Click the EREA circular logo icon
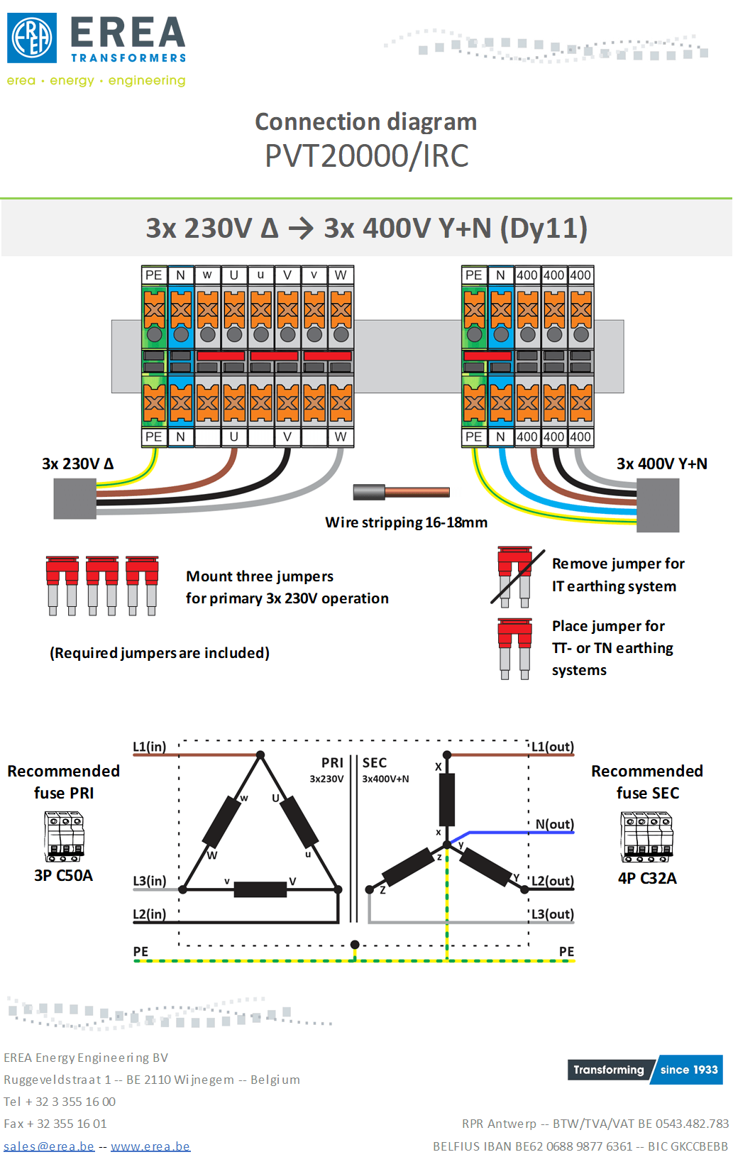tap(32, 38)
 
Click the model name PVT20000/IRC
tap(366, 155)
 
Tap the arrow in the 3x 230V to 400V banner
tap(301, 229)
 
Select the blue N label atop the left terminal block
tap(181, 275)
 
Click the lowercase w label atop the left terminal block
tap(207, 275)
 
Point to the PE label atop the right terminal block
tap(473, 275)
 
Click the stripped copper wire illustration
tap(401, 492)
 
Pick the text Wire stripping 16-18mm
tap(407, 522)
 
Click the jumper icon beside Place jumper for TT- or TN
tap(514, 649)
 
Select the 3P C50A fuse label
tap(63, 875)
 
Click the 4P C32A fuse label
tap(647, 878)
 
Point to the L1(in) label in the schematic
tap(150, 746)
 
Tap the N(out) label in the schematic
tap(555, 824)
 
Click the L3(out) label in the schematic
tap(553, 914)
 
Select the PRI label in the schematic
tap(332, 763)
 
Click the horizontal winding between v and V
tap(260, 889)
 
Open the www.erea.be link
tap(150, 1146)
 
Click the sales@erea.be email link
tap(49, 1146)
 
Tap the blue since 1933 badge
tap(687, 1069)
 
